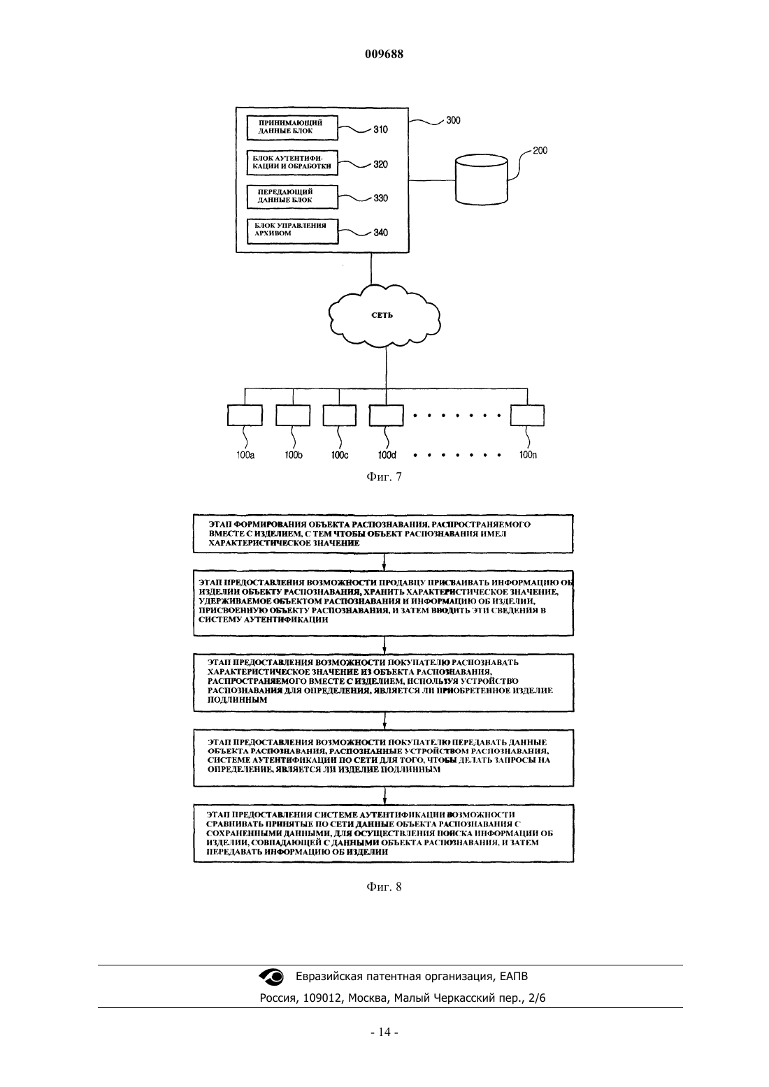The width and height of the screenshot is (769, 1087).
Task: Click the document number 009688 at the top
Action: point(384,54)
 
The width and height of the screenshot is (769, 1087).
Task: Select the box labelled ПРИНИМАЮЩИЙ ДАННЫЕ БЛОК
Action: point(292,128)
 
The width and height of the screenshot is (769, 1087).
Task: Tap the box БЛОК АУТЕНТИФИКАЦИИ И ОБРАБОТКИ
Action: point(292,163)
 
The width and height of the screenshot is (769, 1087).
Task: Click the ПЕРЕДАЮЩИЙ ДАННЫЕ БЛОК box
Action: point(292,196)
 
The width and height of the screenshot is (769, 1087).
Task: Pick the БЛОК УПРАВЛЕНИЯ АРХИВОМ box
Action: point(292,231)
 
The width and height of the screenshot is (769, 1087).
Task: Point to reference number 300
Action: point(453,120)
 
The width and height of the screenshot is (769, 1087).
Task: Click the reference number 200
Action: point(540,150)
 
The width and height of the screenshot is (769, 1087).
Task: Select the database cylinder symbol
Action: point(481,179)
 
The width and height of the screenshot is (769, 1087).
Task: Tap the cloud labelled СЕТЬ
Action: point(384,315)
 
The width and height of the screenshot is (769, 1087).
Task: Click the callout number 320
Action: point(380,164)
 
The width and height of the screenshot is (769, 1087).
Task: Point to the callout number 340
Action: point(380,233)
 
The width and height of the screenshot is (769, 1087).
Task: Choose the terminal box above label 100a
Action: point(245,416)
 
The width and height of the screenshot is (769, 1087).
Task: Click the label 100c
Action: point(340,455)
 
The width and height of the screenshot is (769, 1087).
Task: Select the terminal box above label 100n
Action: point(527,416)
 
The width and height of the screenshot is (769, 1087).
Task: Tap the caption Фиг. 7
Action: point(384,477)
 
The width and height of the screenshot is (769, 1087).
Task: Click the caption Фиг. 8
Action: point(384,887)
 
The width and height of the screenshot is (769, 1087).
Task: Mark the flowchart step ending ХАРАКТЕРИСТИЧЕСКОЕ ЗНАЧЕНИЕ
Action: point(383,534)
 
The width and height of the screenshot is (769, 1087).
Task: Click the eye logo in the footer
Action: point(271,977)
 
